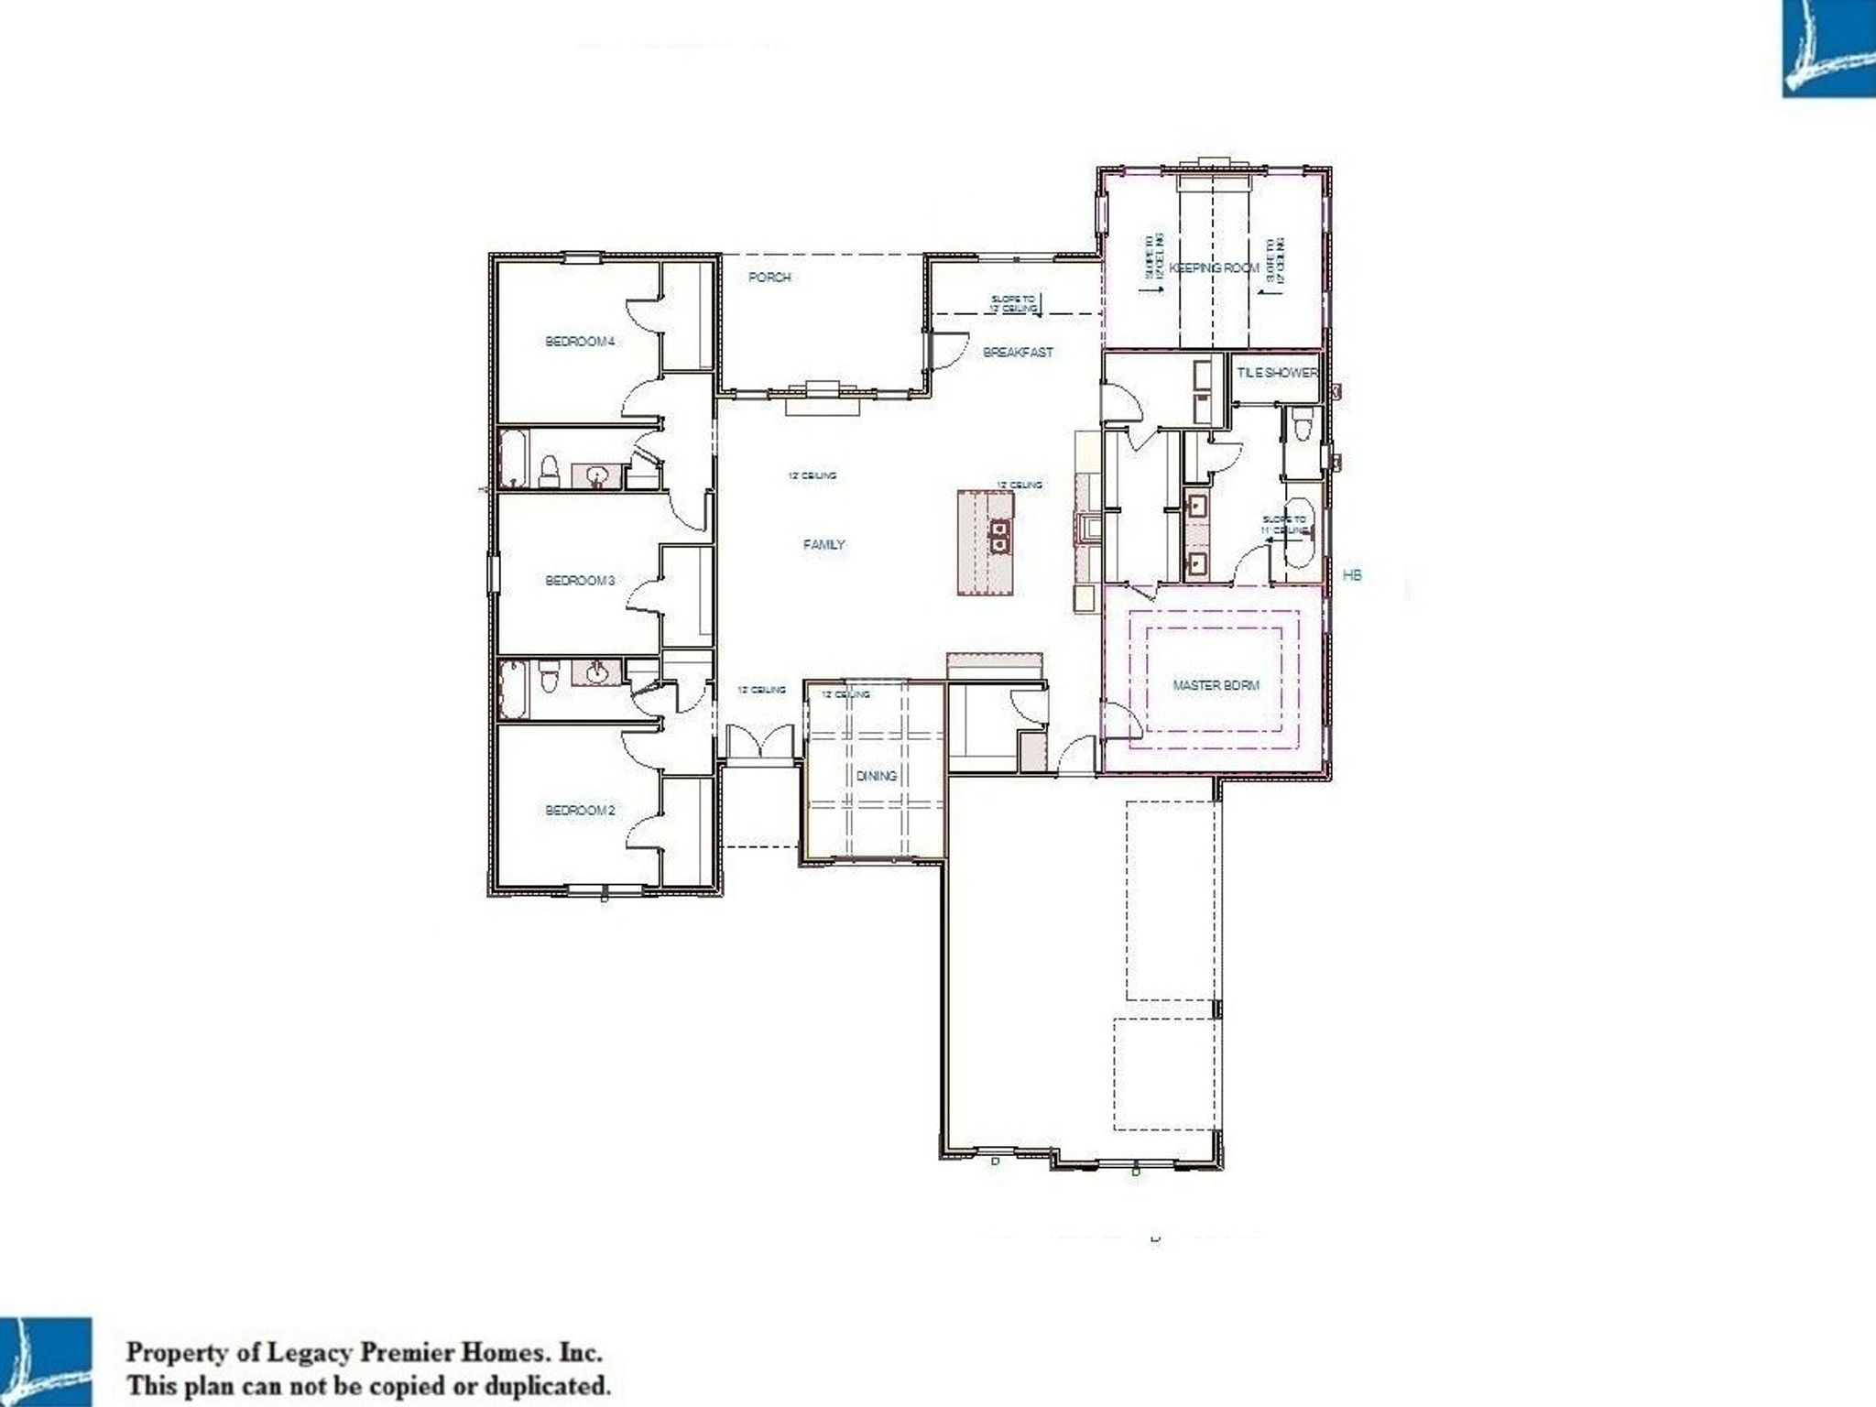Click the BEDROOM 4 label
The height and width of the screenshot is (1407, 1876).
579,342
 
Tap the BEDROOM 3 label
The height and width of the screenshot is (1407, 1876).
579,581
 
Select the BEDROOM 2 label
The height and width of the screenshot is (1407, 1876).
579,811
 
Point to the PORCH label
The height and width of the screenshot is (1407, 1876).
769,278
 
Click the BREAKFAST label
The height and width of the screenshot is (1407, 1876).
1018,352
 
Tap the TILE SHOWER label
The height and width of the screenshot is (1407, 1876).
1277,373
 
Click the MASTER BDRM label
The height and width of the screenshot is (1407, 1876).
1216,685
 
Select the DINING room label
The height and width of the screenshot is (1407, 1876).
876,776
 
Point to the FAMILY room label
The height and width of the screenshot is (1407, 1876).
823,544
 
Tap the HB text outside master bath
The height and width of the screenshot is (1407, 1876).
1351,575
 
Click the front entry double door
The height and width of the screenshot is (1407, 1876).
760,741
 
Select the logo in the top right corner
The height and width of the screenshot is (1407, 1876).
1828,48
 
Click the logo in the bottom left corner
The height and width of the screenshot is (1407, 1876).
46,1361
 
